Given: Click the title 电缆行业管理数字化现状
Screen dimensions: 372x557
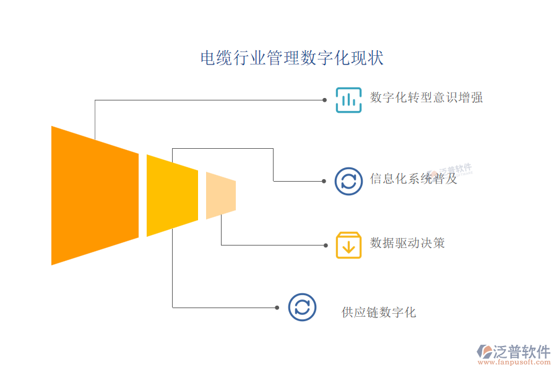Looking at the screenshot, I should coord(291,58).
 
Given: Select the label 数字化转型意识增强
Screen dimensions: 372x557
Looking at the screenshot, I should coord(426,97).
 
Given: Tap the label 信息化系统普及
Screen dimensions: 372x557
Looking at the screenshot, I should coord(413,179).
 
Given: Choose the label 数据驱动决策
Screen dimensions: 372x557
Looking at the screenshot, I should coord(407,242).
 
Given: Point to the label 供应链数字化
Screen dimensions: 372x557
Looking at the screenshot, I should coord(379,312).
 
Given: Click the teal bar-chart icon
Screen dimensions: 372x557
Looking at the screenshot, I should coord(348,100).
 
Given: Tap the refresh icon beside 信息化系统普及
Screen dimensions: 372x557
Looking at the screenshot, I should coord(348,181).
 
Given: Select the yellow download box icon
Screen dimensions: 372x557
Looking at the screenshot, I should coord(348,245).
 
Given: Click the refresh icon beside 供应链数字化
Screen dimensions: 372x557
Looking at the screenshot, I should coord(302,308).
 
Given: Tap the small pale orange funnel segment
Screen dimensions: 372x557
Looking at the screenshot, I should coord(220,195).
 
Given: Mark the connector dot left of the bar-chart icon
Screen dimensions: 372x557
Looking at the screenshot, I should coord(324,99).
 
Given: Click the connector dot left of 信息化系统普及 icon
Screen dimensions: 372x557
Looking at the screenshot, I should coord(324,181).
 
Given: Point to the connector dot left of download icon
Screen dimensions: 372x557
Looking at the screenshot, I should coord(324,245).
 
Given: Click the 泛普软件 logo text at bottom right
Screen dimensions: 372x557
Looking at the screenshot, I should coord(521,352).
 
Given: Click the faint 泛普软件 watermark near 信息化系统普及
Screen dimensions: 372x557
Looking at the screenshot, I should coord(455,170).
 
